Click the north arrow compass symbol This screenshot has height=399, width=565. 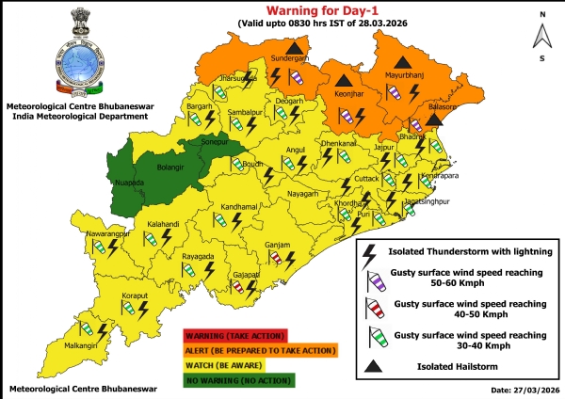click(542, 36)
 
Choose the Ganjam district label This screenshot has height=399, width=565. click(278, 245)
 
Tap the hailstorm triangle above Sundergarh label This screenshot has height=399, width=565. click(297, 46)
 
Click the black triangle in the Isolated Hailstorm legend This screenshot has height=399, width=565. click(374, 367)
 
